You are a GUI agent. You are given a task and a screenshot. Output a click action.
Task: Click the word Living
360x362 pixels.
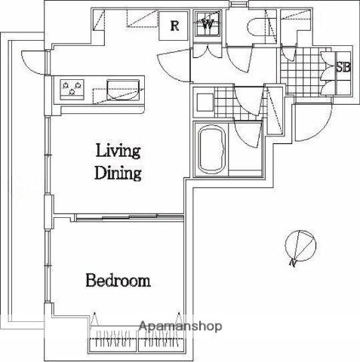[x=118, y=151]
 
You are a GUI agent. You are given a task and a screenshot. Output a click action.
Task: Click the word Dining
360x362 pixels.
[x=118, y=173]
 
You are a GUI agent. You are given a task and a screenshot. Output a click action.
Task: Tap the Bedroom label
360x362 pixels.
[x=118, y=281]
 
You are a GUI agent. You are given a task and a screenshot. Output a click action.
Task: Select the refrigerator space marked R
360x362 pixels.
[x=174, y=26]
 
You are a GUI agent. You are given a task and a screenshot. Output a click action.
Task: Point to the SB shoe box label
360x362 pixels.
[x=343, y=67]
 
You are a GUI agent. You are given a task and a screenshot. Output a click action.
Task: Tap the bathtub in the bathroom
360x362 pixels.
[x=212, y=149]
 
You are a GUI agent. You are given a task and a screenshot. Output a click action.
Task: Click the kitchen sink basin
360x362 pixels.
[x=123, y=90]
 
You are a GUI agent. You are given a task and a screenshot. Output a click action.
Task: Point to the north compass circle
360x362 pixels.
[x=300, y=244]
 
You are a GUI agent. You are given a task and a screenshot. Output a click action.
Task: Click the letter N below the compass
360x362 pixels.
[x=292, y=262]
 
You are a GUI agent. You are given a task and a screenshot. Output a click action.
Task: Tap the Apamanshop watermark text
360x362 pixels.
[x=180, y=326]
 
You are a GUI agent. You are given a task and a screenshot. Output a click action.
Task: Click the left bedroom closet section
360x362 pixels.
[x=113, y=339]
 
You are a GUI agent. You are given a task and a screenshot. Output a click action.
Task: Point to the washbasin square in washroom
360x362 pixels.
[x=205, y=102]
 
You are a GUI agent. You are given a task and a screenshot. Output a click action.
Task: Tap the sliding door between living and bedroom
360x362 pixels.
[x=130, y=217]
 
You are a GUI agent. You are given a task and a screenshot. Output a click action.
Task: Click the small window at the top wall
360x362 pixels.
[x=238, y=5]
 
